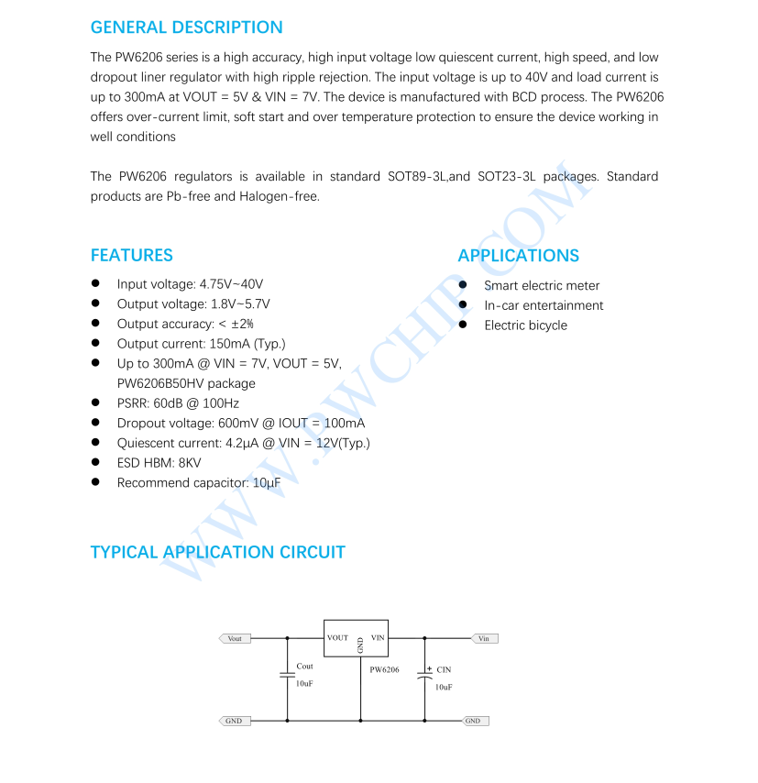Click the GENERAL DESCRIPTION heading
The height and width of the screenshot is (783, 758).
click(x=186, y=28)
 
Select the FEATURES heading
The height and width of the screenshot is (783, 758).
click(x=131, y=255)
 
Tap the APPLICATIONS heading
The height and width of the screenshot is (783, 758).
click(x=518, y=256)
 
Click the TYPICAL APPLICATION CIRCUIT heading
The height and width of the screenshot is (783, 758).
click(x=217, y=552)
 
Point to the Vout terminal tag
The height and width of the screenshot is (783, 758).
click(x=235, y=638)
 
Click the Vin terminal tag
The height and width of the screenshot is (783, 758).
click(x=484, y=638)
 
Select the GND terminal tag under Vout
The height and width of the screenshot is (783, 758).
click(x=234, y=721)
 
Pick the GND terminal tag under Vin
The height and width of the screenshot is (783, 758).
click(x=473, y=721)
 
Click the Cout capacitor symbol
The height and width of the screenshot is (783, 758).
click(x=287, y=675)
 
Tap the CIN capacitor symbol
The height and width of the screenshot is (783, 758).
click(x=424, y=675)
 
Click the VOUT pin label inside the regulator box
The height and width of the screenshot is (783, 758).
click(x=338, y=637)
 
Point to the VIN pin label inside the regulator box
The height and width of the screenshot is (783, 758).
click(x=378, y=637)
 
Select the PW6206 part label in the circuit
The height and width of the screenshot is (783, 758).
click(x=385, y=670)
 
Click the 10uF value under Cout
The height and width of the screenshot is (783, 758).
click(x=304, y=684)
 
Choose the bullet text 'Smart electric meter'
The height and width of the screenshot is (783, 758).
click(x=542, y=285)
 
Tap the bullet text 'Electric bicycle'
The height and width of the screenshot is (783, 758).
click(x=525, y=325)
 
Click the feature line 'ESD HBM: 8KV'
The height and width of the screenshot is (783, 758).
click(x=159, y=463)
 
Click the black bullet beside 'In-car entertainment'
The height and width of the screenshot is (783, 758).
click(x=464, y=305)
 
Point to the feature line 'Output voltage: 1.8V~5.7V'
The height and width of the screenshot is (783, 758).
click(x=193, y=304)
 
